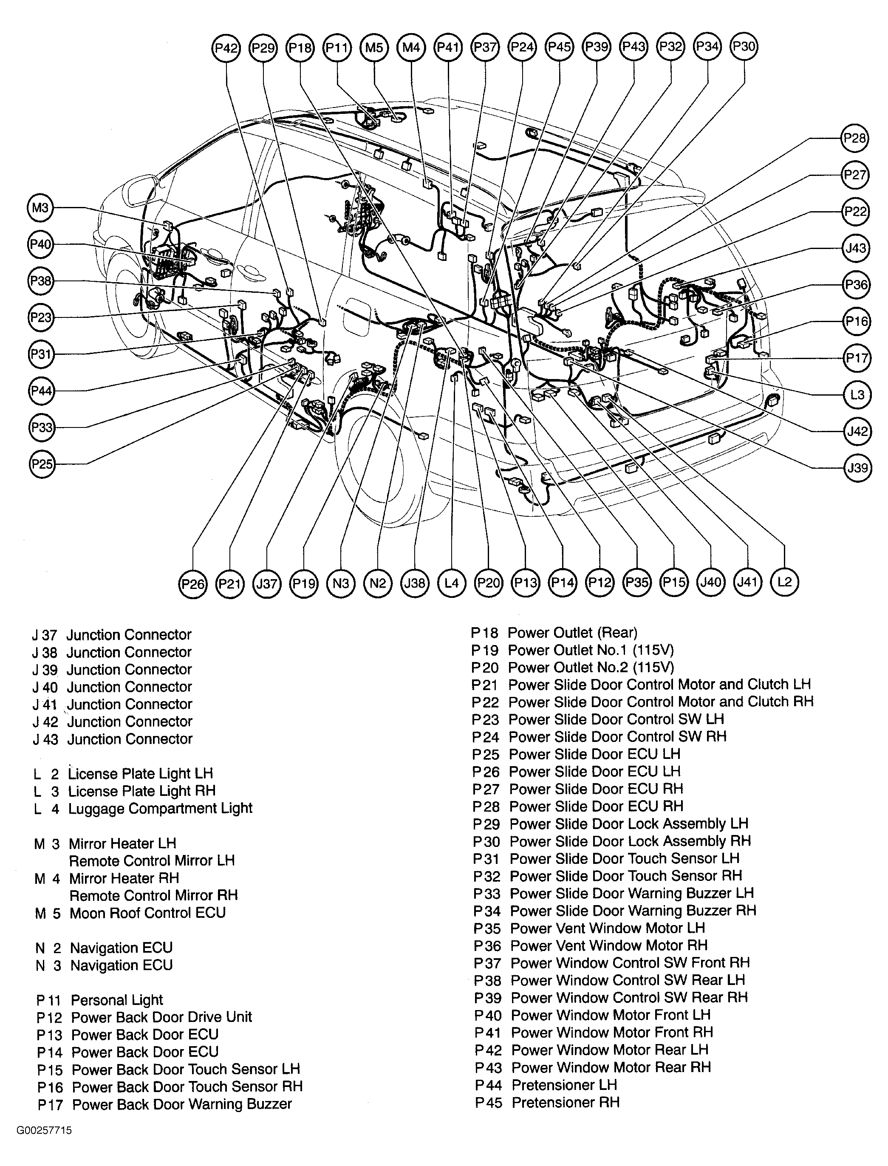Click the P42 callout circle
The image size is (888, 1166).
pos(226,48)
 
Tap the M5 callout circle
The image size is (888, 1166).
pos(374,48)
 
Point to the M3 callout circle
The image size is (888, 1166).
pos(41,208)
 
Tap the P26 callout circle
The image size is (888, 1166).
pos(192,583)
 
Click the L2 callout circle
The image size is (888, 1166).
pos(784,582)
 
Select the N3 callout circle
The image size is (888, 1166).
pos(340,583)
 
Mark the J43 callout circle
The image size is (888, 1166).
pos(856,247)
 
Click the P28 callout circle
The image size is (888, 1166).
pos(855,139)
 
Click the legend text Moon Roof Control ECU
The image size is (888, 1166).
pos(147,913)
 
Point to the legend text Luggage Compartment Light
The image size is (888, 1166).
pos(160,808)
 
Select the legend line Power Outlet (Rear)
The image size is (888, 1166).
pos(572,633)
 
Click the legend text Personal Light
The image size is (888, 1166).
pos(117,1000)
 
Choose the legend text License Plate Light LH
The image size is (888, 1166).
pos(140,774)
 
